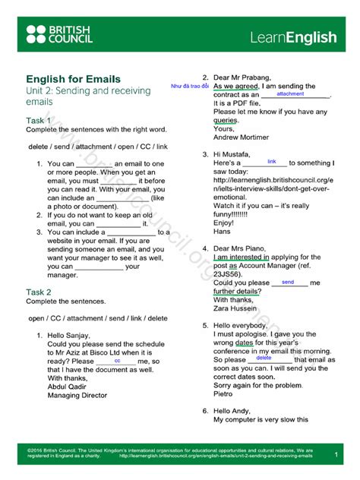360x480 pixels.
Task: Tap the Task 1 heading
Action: pos(39,121)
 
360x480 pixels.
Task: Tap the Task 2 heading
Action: pos(39,292)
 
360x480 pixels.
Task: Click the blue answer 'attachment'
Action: pos(290,94)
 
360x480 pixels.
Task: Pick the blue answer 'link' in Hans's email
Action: pos(272,162)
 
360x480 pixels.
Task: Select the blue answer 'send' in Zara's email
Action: pos(288,282)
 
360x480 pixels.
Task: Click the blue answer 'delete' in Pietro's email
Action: pos(285,358)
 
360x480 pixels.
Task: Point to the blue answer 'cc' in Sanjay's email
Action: pos(117,361)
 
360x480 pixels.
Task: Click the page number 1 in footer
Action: pos(336,454)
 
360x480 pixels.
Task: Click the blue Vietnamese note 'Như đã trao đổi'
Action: pos(190,87)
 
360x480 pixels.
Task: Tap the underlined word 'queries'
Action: pos(226,120)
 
